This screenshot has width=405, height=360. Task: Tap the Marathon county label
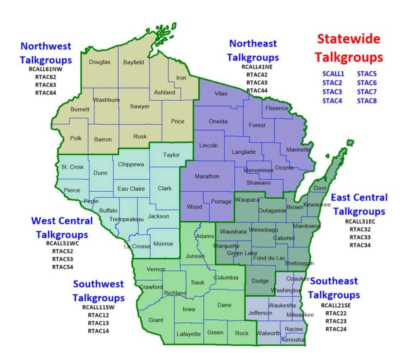(x=207, y=176)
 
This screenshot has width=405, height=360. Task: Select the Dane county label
(x=224, y=305)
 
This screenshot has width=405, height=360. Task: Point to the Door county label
(x=320, y=188)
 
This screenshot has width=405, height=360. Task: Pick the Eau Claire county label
(x=131, y=189)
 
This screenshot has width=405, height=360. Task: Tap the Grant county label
(x=156, y=320)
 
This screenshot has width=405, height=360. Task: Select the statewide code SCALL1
(x=333, y=74)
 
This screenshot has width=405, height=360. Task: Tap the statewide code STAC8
(x=367, y=101)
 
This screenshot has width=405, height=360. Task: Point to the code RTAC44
(x=257, y=91)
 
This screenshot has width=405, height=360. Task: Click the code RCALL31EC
(x=360, y=221)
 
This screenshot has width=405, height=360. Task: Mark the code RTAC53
(x=62, y=259)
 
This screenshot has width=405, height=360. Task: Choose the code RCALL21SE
(x=336, y=305)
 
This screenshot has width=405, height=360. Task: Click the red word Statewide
(x=349, y=39)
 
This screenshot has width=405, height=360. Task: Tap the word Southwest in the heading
(x=98, y=284)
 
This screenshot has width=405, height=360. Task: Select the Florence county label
(x=277, y=108)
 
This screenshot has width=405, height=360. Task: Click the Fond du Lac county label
(x=269, y=258)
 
